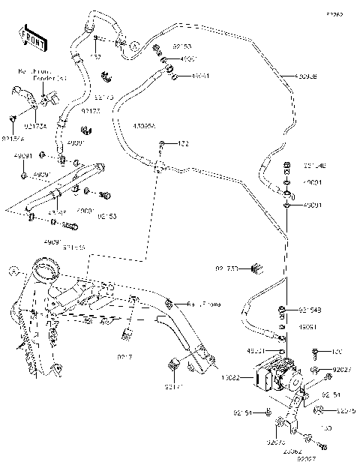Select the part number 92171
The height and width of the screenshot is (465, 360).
pyautogui.click(x=175, y=388)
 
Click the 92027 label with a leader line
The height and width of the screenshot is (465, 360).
pyautogui.click(x=342, y=370)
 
